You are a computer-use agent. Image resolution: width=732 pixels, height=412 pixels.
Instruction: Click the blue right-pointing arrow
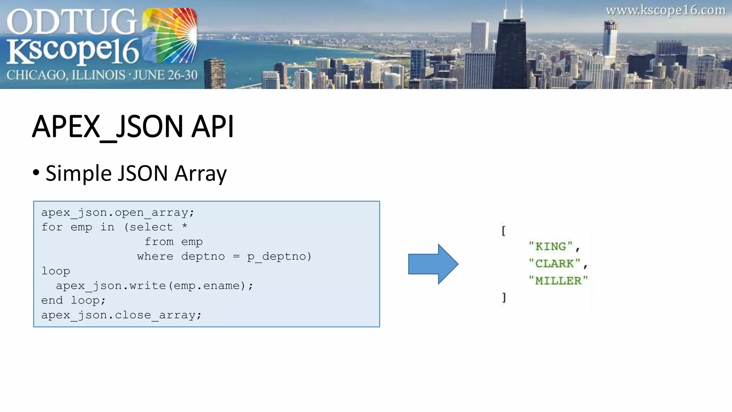(433, 264)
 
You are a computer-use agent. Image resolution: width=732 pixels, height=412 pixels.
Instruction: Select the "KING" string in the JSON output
(551, 247)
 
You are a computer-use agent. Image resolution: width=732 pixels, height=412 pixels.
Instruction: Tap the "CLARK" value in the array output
(554, 264)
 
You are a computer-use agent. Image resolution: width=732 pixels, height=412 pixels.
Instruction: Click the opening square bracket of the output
(504, 231)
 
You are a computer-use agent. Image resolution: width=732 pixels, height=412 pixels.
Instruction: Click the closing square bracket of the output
(504, 298)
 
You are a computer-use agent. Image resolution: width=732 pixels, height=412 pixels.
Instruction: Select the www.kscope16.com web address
(666, 10)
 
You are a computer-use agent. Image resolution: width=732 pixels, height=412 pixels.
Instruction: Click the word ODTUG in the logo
(71, 22)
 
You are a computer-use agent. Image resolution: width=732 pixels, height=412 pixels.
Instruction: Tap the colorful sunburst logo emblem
(170, 36)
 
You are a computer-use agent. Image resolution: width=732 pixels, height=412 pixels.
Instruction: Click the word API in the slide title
(212, 127)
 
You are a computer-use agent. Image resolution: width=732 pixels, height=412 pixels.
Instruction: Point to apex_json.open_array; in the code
(118, 212)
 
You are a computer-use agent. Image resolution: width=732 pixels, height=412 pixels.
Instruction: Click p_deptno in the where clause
(279, 256)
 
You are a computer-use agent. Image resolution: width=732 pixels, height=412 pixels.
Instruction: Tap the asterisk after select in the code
(184, 226)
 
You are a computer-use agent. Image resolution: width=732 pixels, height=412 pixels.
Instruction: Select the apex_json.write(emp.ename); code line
(154, 286)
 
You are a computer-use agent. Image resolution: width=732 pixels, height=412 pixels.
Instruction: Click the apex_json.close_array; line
(121, 315)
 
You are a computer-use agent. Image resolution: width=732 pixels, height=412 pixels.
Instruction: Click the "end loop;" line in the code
(73, 300)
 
